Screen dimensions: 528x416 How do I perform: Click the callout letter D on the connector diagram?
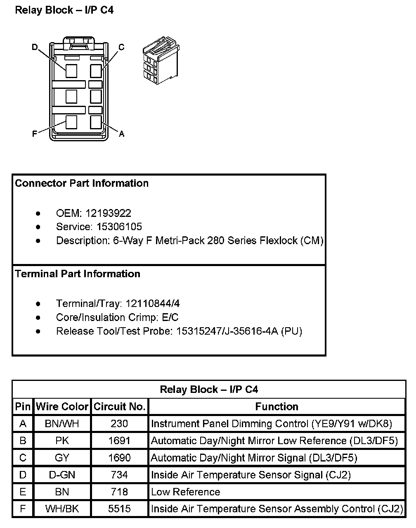pyautogui.click(x=35, y=47)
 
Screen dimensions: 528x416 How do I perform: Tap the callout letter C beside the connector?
pyautogui.click(x=121, y=47)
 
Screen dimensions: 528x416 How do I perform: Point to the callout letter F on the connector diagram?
pyautogui.click(x=35, y=134)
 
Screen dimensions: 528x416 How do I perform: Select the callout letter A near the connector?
pyautogui.click(x=121, y=134)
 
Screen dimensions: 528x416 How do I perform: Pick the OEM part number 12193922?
pyautogui.click(x=108, y=213)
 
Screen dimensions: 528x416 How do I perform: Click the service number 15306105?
pyautogui.click(x=119, y=227)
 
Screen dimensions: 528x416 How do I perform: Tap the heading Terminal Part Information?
pyautogui.click(x=78, y=274)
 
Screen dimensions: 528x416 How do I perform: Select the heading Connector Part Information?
pyautogui.click(x=82, y=183)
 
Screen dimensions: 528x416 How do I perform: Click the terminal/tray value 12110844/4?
pyautogui.click(x=153, y=304)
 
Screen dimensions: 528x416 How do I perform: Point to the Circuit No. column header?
pyautogui.click(x=120, y=407)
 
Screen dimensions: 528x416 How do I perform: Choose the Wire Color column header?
pyautogui.click(x=62, y=407)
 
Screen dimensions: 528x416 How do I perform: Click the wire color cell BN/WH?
pyautogui.click(x=62, y=423)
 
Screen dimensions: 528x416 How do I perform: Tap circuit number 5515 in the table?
pyautogui.click(x=120, y=509)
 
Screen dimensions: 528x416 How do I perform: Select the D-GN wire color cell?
pyautogui.click(x=62, y=475)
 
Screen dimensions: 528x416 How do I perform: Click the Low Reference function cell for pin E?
pyautogui.click(x=186, y=492)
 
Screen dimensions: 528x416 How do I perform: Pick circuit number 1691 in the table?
pyautogui.click(x=120, y=441)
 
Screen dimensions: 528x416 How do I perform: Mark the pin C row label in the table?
pyautogui.click(x=23, y=458)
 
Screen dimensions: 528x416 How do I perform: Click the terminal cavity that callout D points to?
pyautogui.click(x=71, y=71)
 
